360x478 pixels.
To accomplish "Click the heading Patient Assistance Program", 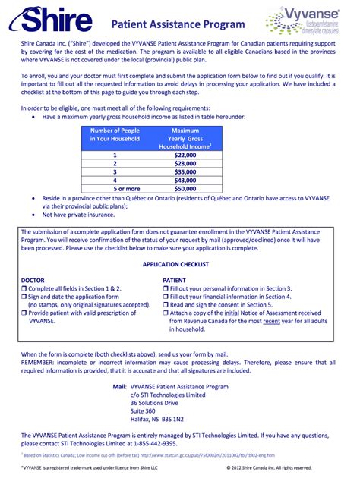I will coord(184,24).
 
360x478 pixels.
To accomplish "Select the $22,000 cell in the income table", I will coord(185,154).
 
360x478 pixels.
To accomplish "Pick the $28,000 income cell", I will coord(185,163).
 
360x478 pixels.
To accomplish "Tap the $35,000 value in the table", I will coord(185,172).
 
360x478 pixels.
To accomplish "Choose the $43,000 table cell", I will coord(185,181).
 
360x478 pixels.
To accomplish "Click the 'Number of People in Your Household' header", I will coord(115,135).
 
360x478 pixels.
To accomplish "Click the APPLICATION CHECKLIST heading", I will coord(179,264).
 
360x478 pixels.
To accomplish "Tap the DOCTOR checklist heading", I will coord(33,280).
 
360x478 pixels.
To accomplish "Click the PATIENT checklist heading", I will coord(175,280).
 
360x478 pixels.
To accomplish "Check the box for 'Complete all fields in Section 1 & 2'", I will coord(24,288).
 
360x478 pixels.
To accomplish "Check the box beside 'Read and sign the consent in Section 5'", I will coord(166,304).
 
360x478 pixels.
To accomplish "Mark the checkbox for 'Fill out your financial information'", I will coord(166,297).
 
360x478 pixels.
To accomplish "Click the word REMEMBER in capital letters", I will coord(40,363).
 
